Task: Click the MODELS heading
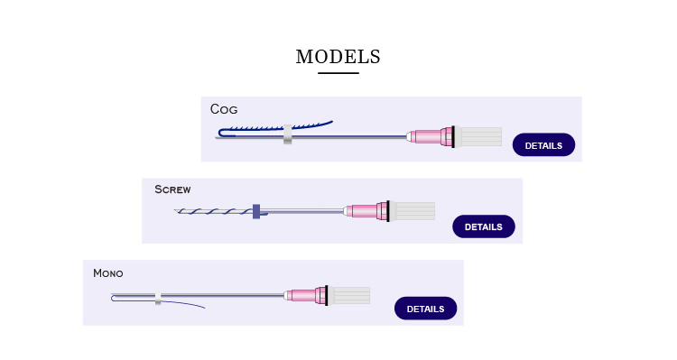[338, 57]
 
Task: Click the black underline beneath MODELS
[338, 73]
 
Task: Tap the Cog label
[224, 109]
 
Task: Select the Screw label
[172, 189]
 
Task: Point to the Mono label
[107, 272]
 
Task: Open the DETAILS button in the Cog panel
[543, 145]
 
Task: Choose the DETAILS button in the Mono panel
[425, 309]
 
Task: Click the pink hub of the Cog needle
[432, 137]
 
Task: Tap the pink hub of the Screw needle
[369, 211]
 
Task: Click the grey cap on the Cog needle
[478, 137]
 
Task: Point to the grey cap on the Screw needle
[413, 211]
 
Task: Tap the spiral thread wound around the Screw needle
[212, 212]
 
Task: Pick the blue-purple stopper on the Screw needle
[256, 211]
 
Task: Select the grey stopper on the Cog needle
[287, 134]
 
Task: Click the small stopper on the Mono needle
[158, 297]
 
